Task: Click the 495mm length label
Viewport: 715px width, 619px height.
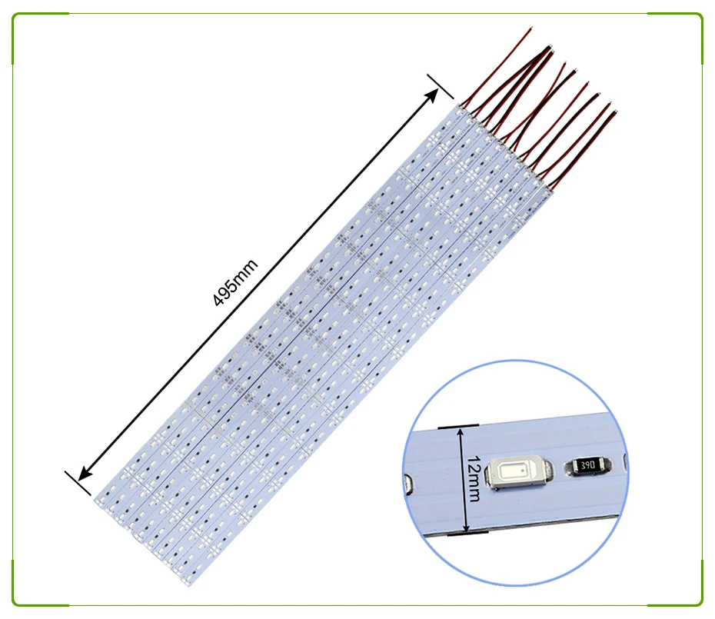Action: [x=235, y=283]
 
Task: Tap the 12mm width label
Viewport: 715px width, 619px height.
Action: [x=474, y=478]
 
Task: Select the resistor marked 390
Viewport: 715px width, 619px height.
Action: [x=587, y=465]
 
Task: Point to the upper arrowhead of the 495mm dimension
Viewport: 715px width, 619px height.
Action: [x=431, y=96]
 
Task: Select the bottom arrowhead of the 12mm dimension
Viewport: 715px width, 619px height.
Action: [x=466, y=527]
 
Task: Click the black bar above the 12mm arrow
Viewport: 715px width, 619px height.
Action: [x=457, y=427]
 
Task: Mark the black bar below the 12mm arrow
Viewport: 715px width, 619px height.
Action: [x=467, y=533]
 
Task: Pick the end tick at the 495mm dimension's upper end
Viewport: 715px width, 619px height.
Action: [x=440, y=86]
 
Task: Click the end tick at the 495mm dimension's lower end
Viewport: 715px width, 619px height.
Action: [x=78, y=483]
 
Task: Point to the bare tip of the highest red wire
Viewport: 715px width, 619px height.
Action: [x=530, y=28]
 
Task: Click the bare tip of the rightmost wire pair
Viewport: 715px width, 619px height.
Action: [x=615, y=111]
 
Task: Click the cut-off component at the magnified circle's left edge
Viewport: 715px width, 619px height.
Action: [x=408, y=484]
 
